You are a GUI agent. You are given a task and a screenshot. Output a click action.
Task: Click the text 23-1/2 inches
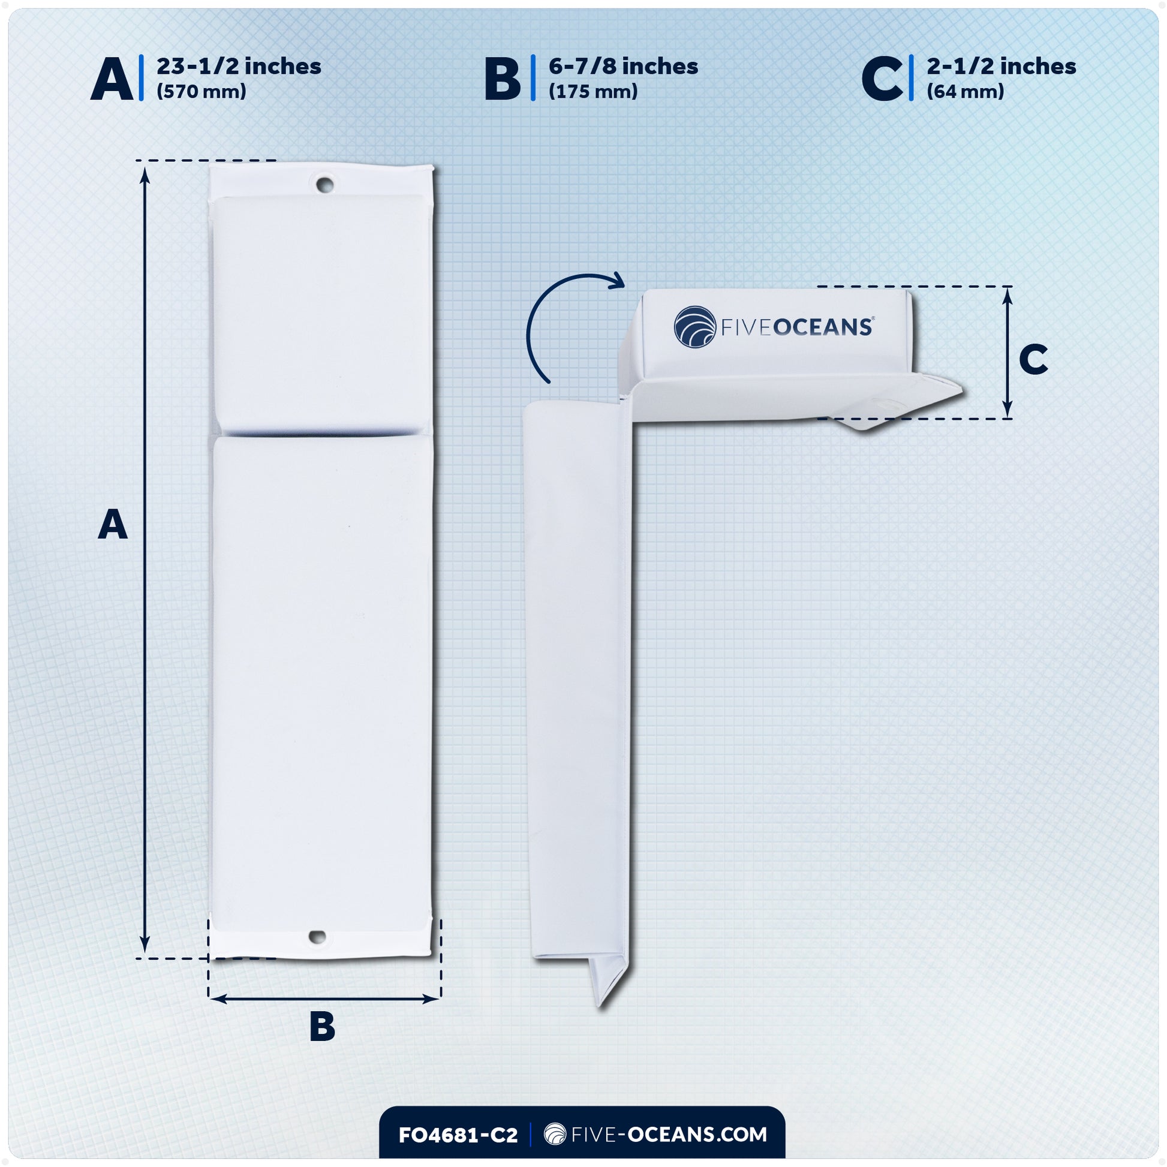239,67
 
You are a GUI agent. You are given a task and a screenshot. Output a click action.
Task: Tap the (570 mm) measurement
201,92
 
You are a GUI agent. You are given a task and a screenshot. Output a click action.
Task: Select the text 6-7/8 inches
622,67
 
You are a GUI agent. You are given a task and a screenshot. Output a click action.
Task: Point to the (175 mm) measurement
592,92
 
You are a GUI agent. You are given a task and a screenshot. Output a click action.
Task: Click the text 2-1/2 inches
1001,67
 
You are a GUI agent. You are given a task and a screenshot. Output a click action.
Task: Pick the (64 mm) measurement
965,92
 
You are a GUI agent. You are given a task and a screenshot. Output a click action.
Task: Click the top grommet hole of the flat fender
324,184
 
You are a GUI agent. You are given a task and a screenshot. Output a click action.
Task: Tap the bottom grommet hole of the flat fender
318,937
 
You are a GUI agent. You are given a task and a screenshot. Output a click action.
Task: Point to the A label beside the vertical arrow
113,524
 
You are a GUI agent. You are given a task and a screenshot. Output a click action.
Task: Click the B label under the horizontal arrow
322,1026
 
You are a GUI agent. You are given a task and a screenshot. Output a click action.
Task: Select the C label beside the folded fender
1033,359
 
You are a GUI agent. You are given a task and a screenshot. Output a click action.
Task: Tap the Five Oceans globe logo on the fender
694,327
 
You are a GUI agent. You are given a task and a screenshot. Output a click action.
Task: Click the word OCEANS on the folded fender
823,327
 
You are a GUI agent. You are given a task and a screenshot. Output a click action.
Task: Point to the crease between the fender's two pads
320,432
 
